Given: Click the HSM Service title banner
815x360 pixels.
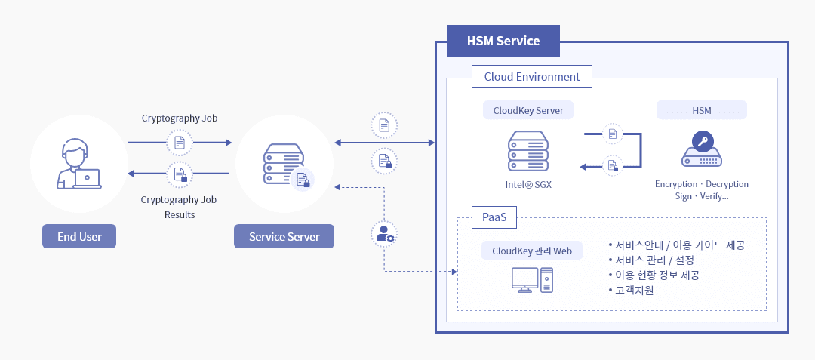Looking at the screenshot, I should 503,41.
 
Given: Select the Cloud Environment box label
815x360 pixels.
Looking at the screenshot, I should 531,77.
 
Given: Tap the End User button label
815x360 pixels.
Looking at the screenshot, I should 79,236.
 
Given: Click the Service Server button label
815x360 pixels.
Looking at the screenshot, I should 284,236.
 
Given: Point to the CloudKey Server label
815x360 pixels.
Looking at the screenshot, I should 527,110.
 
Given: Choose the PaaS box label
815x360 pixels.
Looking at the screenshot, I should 494,218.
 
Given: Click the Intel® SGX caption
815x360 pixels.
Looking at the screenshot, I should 528,184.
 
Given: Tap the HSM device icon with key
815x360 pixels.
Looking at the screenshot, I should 702,150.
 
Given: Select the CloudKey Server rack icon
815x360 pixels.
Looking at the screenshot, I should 528,150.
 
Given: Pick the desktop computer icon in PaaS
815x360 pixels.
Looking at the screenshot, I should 532,280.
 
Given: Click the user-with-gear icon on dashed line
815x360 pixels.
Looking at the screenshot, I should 385,234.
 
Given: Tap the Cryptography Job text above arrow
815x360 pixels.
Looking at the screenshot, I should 180,118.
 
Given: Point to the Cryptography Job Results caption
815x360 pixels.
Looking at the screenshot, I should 180,207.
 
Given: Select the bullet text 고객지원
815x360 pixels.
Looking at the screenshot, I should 634,289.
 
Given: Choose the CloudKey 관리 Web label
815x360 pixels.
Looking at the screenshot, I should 532,251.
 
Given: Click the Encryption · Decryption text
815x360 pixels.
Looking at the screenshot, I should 702,184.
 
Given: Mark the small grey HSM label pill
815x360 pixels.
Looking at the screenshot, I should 702,110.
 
